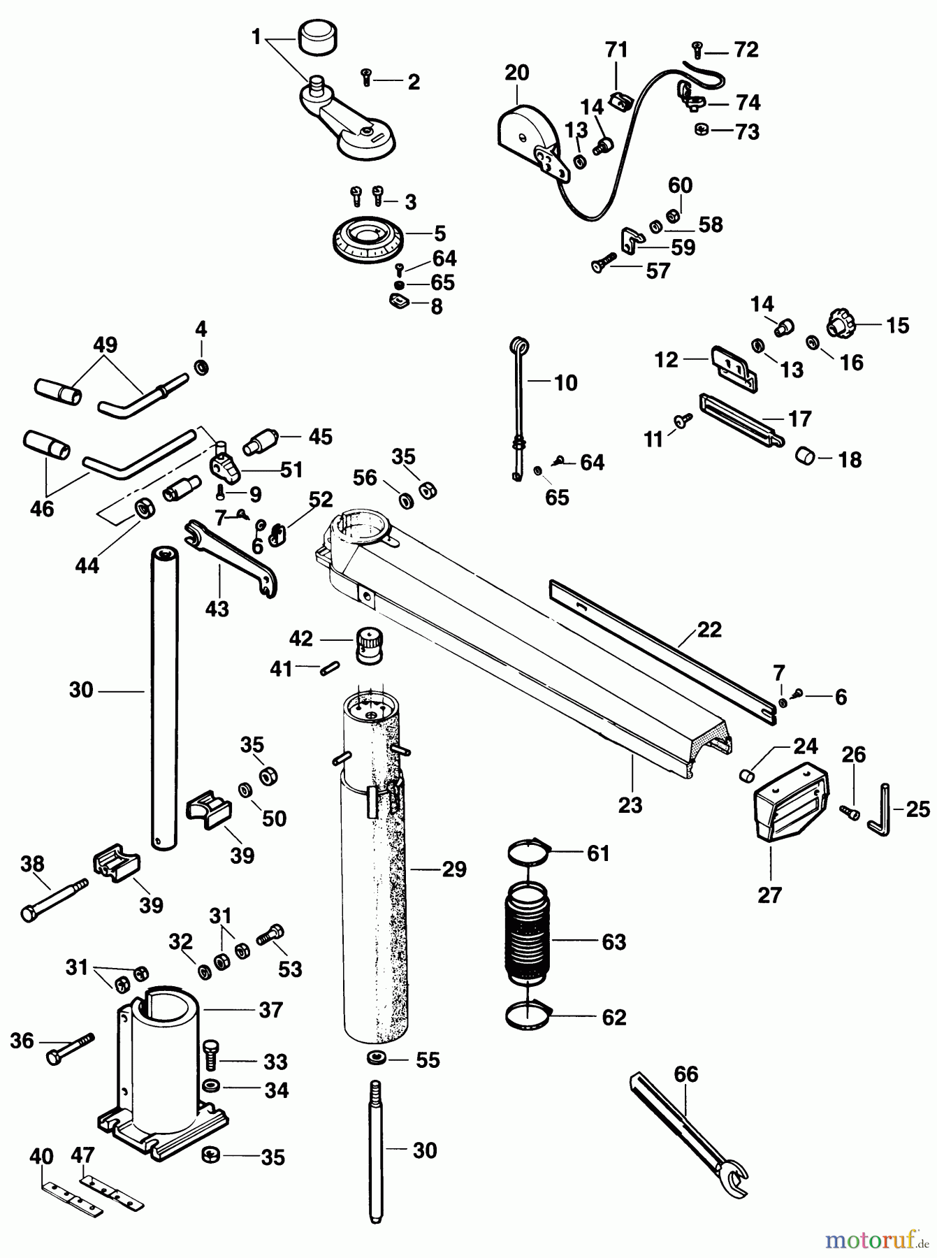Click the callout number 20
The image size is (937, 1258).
point(516,73)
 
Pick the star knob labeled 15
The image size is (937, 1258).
point(837,324)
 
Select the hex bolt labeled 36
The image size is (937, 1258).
point(68,1048)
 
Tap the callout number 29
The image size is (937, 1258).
point(453,869)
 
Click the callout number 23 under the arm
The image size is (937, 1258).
point(630,805)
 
